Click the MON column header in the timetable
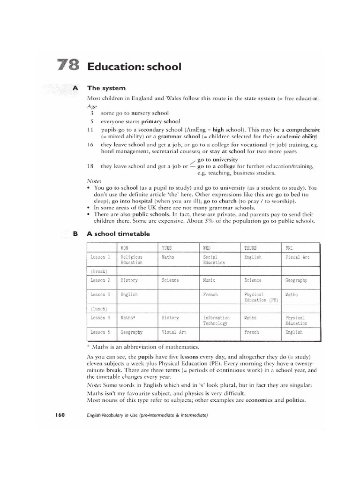(124, 247)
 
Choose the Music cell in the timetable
(209, 280)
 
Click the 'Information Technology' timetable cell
(216, 321)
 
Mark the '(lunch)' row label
(99, 308)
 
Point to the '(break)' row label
(99, 271)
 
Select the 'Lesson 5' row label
(100, 332)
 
